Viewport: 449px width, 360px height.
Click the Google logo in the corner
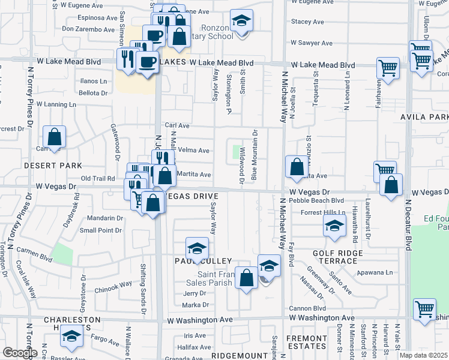(x=19, y=353)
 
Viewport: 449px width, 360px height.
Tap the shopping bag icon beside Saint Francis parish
(x=246, y=277)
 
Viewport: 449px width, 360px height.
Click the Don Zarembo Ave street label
(x=88, y=28)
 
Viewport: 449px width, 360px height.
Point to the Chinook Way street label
(x=113, y=285)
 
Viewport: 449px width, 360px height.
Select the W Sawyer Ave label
(x=312, y=43)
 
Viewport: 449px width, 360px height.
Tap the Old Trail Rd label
(x=98, y=178)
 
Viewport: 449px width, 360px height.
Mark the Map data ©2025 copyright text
(x=423, y=355)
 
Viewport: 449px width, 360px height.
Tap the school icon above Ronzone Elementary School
(x=241, y=22)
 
